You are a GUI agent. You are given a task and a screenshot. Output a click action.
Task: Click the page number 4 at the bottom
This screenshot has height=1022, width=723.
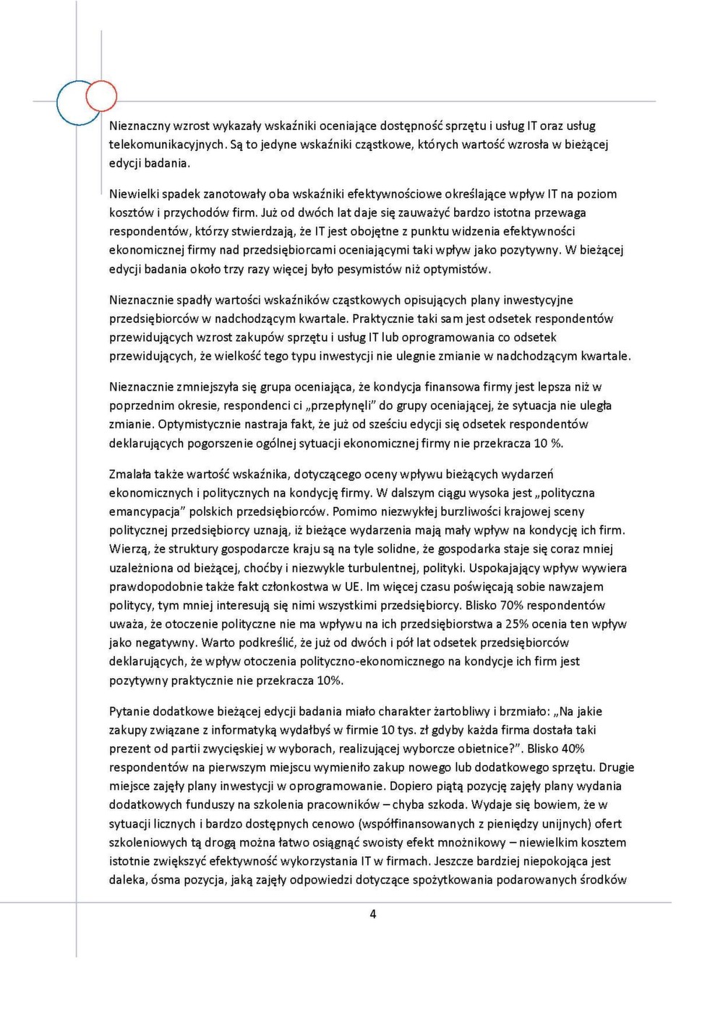click(x=373, y=914)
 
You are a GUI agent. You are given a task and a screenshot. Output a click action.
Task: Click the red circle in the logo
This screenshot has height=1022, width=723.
click(x=101, y=96)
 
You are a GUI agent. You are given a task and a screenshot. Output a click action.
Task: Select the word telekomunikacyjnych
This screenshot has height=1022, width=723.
click(x=167, y=144)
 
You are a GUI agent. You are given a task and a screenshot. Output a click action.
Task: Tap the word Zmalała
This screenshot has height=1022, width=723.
click(x=130, y=474)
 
